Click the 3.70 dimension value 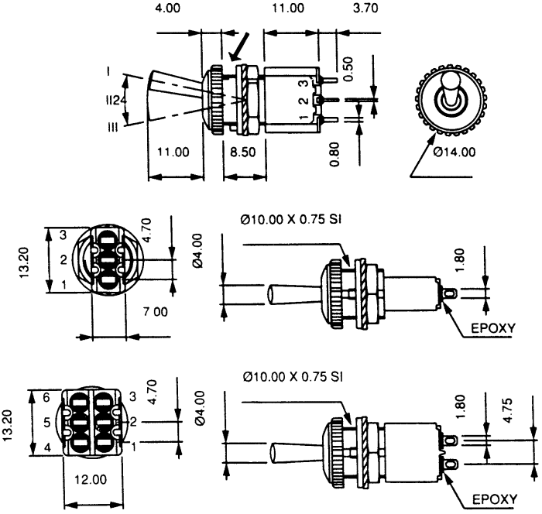point(365,8)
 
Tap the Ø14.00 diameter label point(455,152)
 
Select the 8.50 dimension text point(242,152)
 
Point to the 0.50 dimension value point(348,69)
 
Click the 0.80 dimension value point(334,155)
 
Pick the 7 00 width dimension point(155,312)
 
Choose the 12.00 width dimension point(91,479)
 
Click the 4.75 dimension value point(508,410)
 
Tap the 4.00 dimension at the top point(167,8)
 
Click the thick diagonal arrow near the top point(239,46)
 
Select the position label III point(113,128)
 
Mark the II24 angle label point(116,101)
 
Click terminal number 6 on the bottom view point(46,398)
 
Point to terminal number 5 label point(47,423)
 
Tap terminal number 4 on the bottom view point(47,448)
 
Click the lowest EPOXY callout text point(495,499)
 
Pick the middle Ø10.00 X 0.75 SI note point(290,219)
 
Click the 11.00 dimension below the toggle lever point(173,152)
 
